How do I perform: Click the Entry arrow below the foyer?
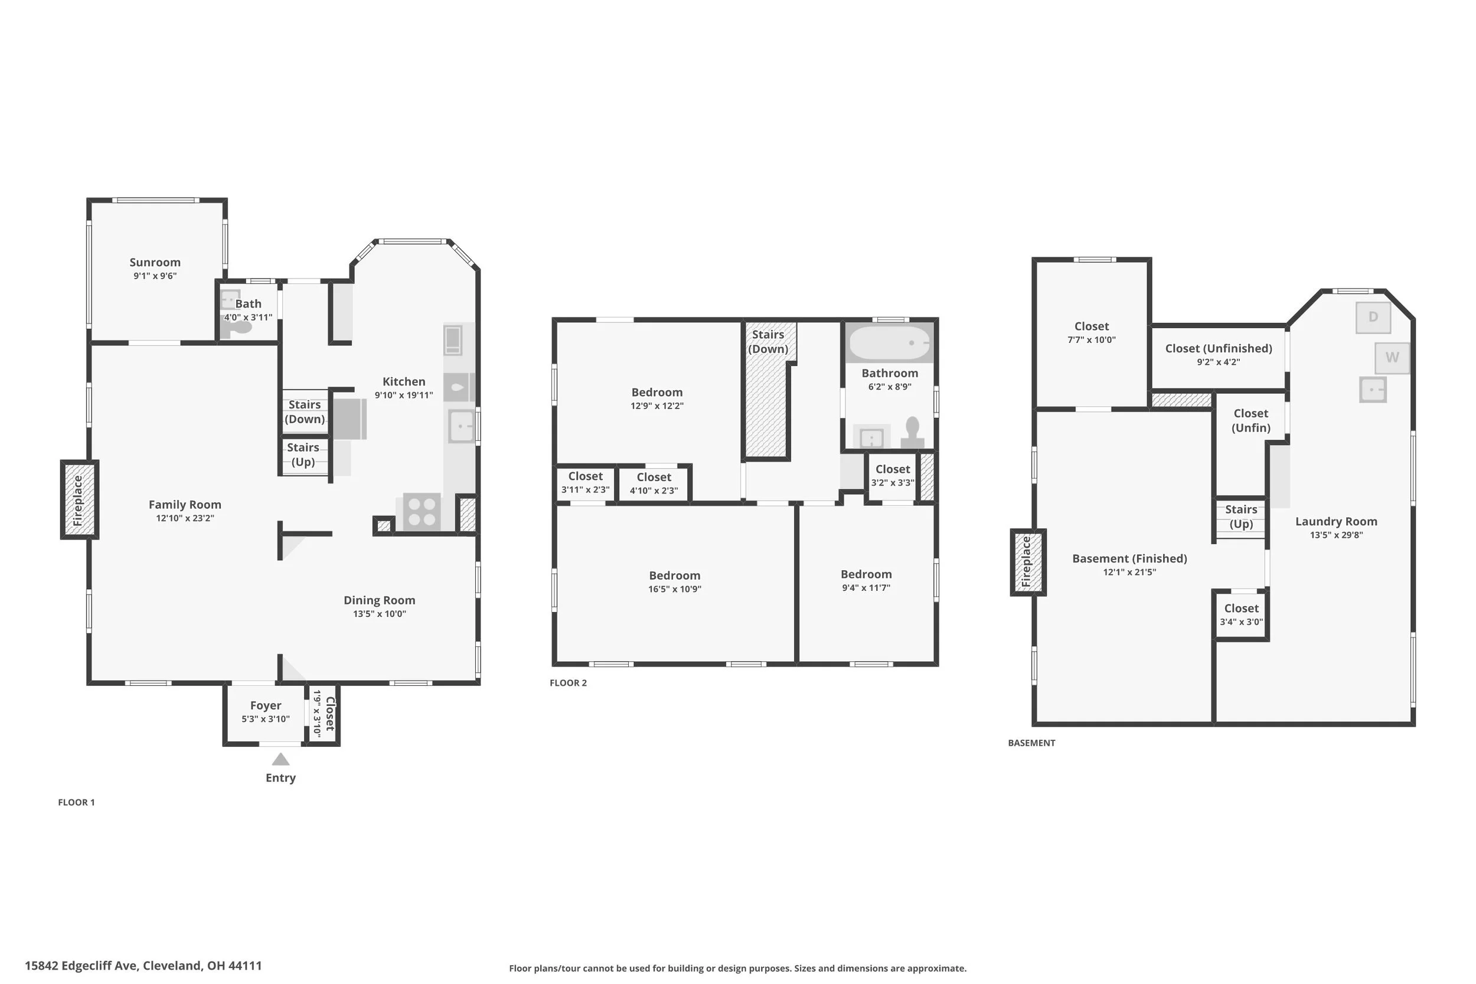[280, 759]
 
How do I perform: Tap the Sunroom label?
[155, 262]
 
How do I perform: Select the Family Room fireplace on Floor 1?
[79, 499]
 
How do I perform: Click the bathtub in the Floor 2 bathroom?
[889, 342]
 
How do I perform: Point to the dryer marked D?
[1373, 317]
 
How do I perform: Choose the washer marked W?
[1392, 358]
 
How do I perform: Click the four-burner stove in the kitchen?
[422, 511]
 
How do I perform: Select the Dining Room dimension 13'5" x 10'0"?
[379, 614]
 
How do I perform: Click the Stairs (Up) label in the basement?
[1240, 516]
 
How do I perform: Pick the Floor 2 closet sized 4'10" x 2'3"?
[654, 484]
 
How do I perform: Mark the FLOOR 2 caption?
[568, 683]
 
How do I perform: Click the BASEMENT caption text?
[1031, 743]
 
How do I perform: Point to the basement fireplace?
[1028, 563]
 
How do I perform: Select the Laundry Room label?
[1336, 521]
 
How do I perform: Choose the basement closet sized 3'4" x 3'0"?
[1241, 615]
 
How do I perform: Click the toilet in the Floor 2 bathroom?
[912, 433]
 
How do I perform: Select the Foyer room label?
[266, 706]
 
